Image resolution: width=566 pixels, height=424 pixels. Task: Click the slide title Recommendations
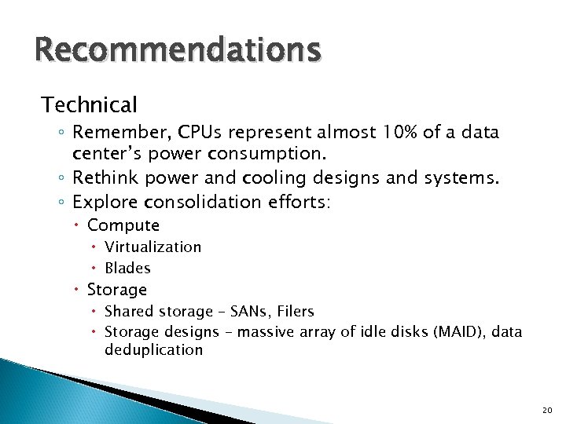tap(178, 49)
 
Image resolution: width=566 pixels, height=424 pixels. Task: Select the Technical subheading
tap(90, 104)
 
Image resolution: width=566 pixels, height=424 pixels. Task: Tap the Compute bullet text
tap(123, 225)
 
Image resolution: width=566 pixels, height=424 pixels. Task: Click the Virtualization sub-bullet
tap(153, 247)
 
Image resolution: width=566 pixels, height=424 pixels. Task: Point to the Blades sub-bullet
tap(127, 268)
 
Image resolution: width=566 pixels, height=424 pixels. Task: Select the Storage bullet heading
tap(117, 290)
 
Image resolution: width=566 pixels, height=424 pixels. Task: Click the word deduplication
tap(153, 350)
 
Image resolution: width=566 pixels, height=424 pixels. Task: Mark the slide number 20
tap(548, 411)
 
